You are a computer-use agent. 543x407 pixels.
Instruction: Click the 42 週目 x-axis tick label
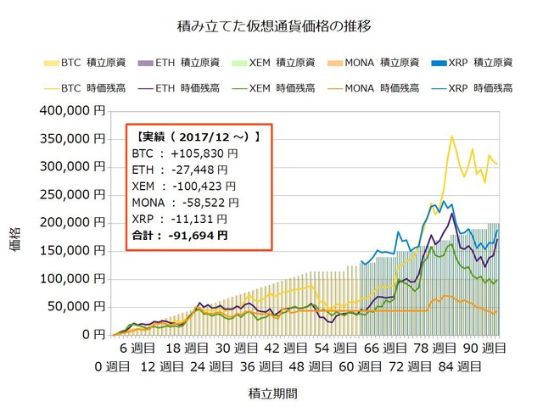click(x=285, y=348)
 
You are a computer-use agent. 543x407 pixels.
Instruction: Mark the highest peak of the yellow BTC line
click(x=452, y=136)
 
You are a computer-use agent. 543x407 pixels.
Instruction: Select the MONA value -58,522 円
click(x=209, y=203)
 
